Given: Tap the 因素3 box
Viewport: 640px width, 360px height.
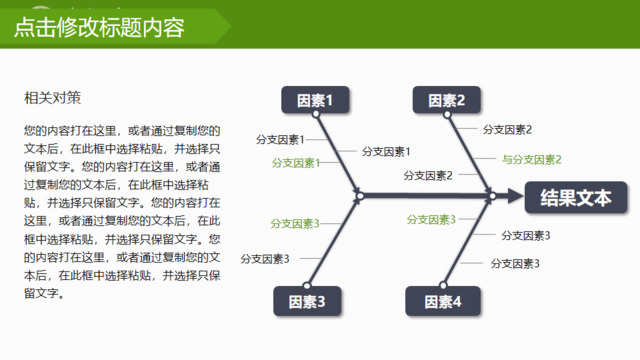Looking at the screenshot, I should pyautogui.click(x=307, y=300).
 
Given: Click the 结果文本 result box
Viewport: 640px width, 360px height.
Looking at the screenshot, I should pyautogui.click(x=575, y=197).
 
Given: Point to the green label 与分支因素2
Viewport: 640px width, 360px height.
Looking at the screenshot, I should pyautogui.click(x=531, y=159).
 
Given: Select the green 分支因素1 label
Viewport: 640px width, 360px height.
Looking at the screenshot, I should pyautogui.click(x=296, y=163).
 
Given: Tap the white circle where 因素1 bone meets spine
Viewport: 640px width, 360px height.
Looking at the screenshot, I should pyautogui.click(x=359, y=196).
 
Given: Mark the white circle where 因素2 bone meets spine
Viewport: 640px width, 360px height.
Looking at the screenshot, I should pyautogui.click(x=491, y=196).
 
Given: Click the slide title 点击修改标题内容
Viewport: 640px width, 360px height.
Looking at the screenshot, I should pyautogui.click(x=99, y=28).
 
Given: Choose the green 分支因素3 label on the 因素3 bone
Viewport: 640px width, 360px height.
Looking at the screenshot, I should pyautogui.click(x=295, y=223).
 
